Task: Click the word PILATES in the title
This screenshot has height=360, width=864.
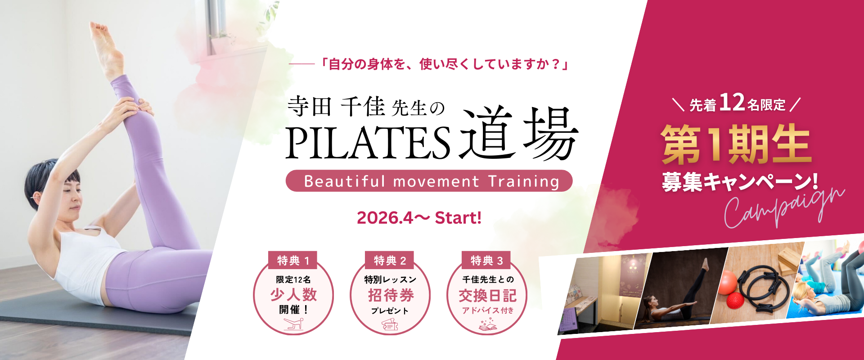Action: tap(368, 143)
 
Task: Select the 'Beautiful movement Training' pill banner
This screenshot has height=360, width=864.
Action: tap(429, 181)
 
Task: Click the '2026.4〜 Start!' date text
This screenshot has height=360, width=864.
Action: tap(419, 218)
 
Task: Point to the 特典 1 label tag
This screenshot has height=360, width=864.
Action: tap(293, 260)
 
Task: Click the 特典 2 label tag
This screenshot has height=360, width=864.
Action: tap(390, 260)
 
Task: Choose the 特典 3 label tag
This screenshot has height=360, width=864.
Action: tap(486, 260)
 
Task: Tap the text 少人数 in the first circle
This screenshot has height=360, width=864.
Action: tap(293, 295)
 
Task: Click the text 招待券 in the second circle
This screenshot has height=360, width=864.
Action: tap(391, 295)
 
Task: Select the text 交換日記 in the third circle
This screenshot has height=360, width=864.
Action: tap(487, 296)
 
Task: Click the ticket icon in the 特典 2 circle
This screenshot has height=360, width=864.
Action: tap(390, 324)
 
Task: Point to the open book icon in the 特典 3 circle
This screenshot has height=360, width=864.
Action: tap(487, 324)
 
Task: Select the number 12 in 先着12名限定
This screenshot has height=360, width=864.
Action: tap(732, 102)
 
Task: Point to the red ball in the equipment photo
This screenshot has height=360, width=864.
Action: tap(729, 282)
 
